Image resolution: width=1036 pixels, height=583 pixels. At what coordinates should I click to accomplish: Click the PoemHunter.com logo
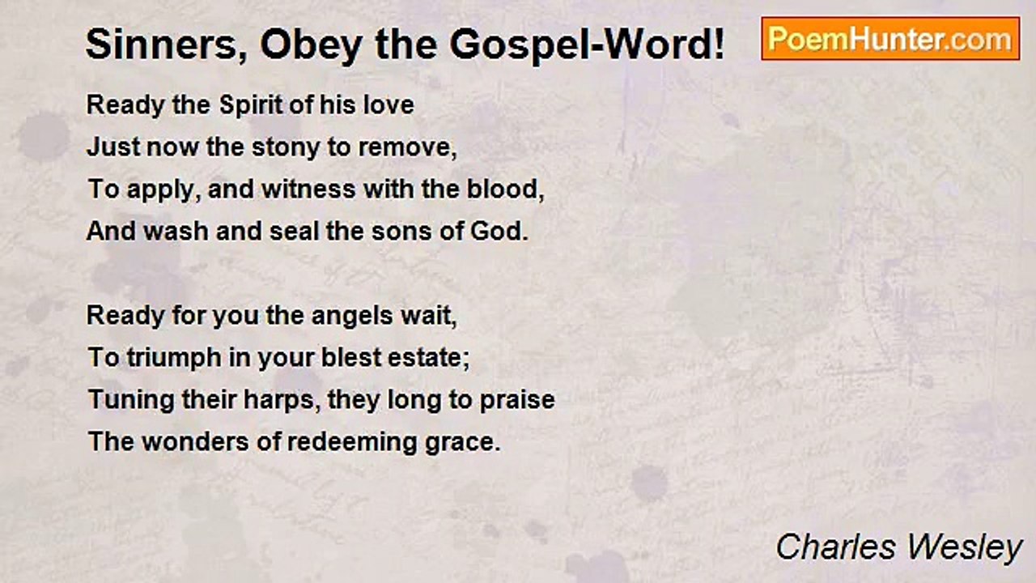[890, 39]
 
